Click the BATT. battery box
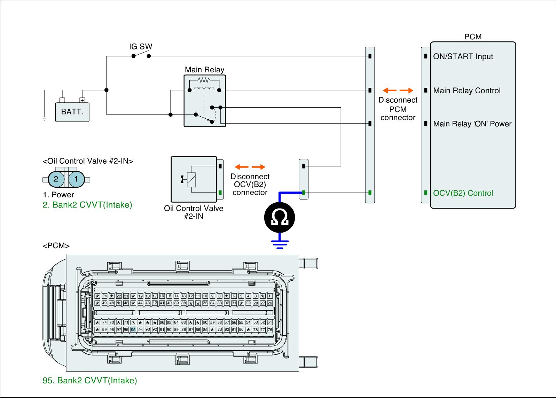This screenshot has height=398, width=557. point(72,112)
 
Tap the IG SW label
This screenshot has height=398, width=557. point(141,47)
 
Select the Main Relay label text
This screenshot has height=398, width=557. point(204,70)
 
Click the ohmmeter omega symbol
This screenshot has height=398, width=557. point(280,218)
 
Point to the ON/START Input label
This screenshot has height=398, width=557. point(463,56)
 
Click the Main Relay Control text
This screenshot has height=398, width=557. point(466,91)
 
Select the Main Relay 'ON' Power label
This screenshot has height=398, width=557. point(472,124)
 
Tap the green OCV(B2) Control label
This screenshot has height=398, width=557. point(463,193)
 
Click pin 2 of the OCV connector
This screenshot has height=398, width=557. point(56,179)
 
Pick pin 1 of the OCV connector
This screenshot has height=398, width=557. point(76,179)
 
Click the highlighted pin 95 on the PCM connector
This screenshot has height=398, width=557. point(133,329)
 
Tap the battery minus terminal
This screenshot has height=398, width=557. point(62,100)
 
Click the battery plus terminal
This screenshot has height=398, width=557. point(82,100)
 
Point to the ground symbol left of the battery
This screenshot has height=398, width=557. point(45,118)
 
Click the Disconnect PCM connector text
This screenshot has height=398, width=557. point(398,109)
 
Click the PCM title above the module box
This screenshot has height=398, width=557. point(473,37)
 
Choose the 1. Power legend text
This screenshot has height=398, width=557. point(58,195)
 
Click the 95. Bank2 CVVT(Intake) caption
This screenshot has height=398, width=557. point(90,381)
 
